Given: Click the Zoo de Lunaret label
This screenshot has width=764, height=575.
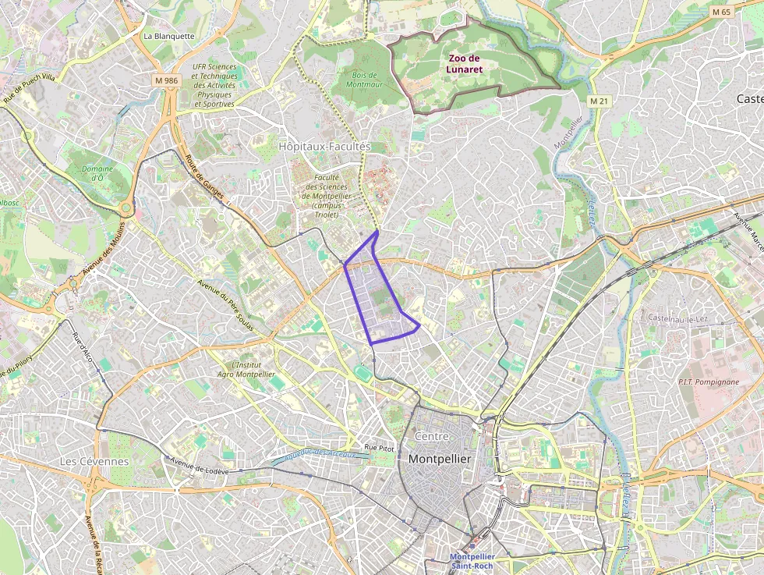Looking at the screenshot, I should pos(465,63).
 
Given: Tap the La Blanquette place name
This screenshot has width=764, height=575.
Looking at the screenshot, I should pos(168,36).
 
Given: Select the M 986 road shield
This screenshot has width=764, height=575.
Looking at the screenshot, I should pos(167,80).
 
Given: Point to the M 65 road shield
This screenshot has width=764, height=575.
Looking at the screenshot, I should pos(721,12).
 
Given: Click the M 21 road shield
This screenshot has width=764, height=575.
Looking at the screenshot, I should pos(599,101).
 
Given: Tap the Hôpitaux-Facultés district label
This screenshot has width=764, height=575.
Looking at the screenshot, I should pos(324,146).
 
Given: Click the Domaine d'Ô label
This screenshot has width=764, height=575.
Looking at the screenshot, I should pos(97,173).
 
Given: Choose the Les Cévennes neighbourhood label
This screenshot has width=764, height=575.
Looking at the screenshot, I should pos(94,461).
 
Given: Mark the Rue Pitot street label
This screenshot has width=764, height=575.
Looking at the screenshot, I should pos(380,448).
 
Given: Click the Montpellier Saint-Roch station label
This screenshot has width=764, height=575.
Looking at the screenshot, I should pos(472,561).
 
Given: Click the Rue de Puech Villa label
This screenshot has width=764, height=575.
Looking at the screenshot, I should pos(29,89).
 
